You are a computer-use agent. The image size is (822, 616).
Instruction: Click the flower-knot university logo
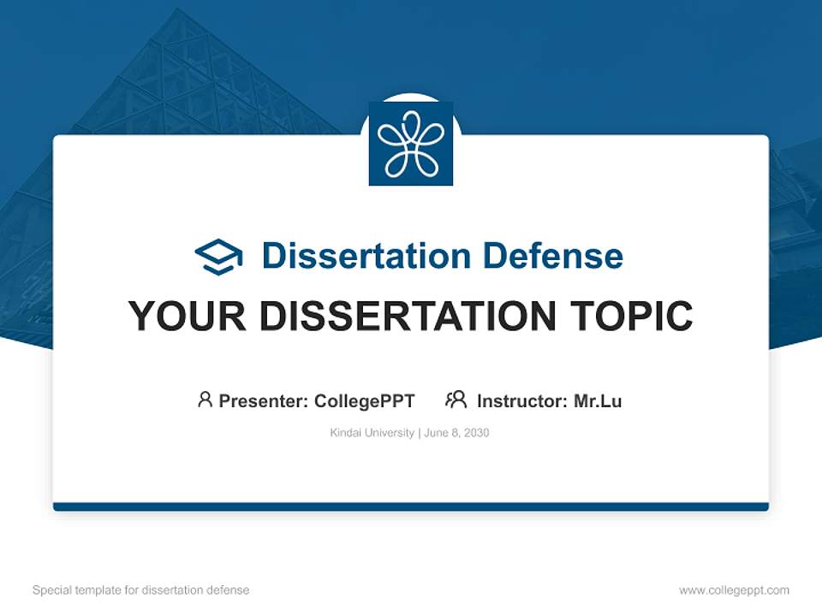point(411,144)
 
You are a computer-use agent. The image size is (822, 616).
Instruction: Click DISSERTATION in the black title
point(404,317)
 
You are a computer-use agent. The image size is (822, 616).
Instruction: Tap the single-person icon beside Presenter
point(205,400)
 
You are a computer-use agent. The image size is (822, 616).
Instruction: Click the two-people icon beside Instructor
point(456,400)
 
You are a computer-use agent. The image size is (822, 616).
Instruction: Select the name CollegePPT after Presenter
point(364,400)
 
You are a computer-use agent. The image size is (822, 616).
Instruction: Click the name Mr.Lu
point(598,400)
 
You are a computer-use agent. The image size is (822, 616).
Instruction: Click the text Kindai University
point(372,433)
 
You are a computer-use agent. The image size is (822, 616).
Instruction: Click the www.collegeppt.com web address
point(734,590)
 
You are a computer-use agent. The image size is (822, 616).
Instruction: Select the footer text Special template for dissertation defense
point(140,590)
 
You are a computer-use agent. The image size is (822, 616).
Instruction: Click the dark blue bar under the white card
point(411,506)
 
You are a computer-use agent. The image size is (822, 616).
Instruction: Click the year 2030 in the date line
point(476,433)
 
